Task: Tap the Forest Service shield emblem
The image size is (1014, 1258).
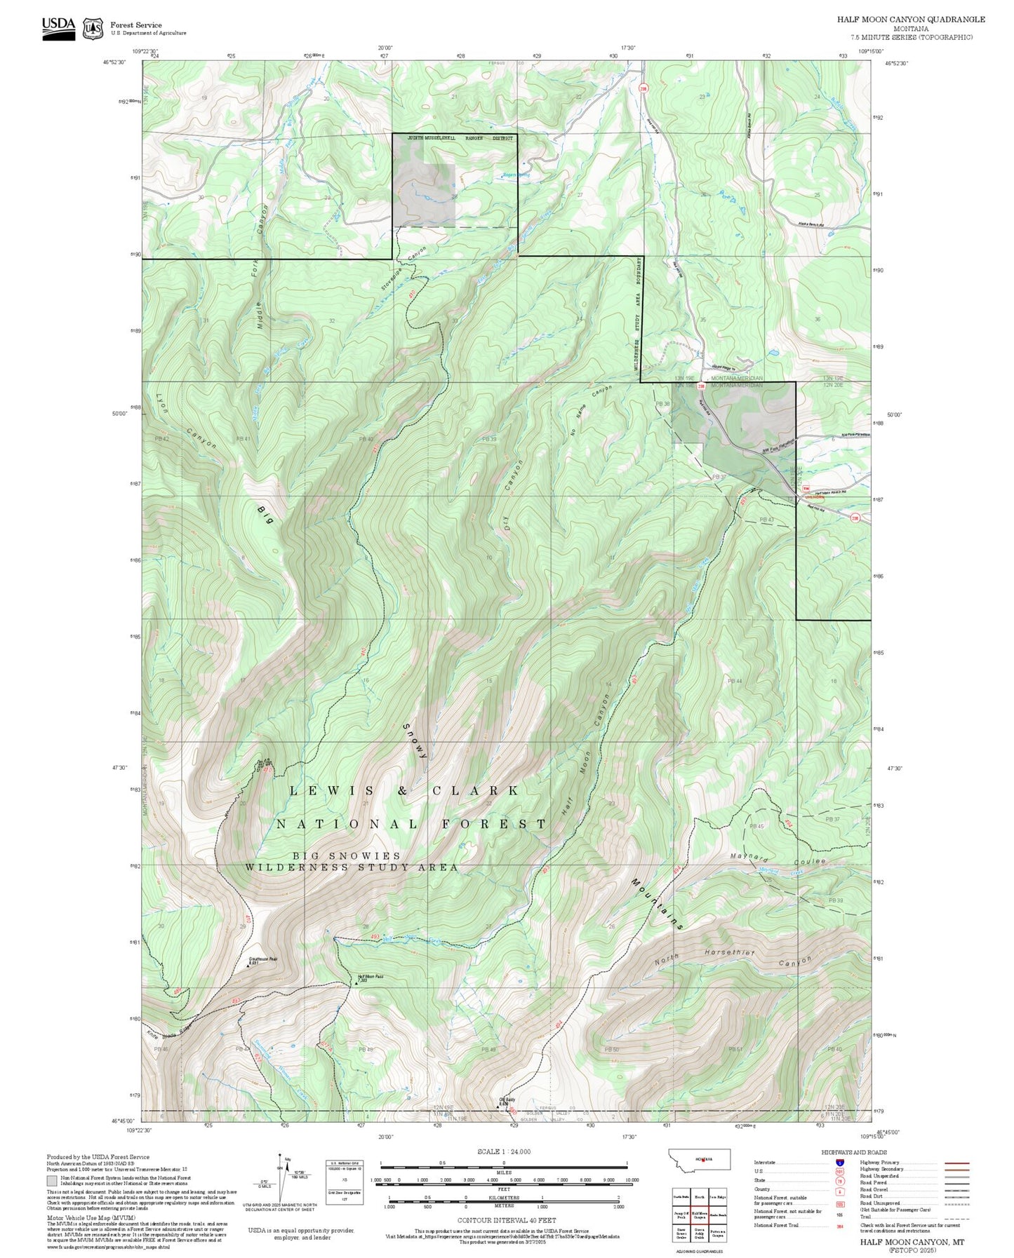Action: [x=93, y=28]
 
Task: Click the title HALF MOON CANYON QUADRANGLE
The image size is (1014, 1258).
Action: [x=910, y=19]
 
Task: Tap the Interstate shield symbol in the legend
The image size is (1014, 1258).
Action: [x=840, y=1162]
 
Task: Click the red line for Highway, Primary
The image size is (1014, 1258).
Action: [x=957, y=1163]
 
